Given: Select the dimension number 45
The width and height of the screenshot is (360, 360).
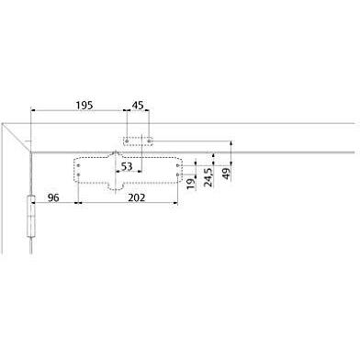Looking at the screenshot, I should coord(138,106).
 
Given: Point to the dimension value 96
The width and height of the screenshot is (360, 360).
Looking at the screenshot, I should coord(52,197).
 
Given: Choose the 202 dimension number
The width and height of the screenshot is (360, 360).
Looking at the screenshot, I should coord(136,197).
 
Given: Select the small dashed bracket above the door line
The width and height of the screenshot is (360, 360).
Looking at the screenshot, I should coord(137,141).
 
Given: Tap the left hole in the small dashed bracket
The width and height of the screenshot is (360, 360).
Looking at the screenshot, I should coord(127,141).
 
